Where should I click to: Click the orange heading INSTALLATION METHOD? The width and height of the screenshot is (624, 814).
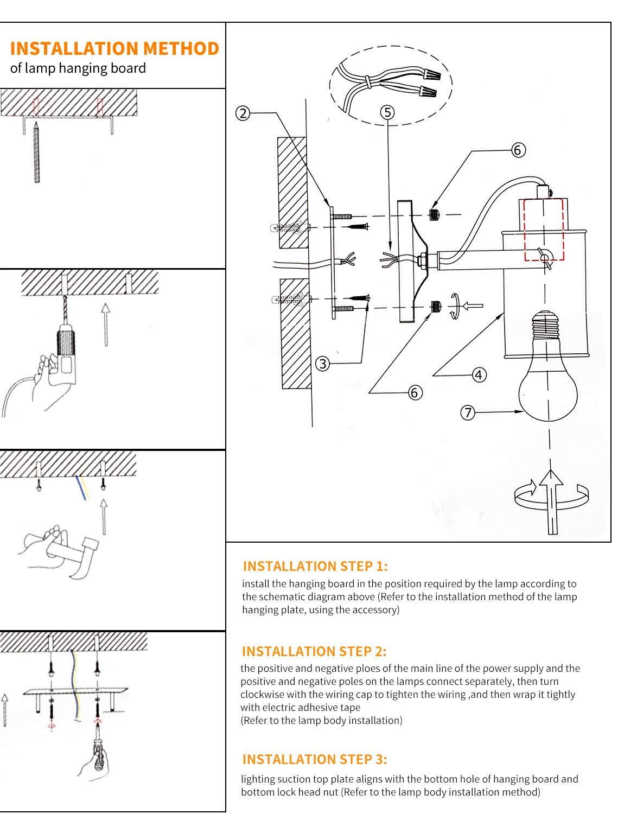tap(114, 48)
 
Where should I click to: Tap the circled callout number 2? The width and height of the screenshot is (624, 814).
tap(243, 113)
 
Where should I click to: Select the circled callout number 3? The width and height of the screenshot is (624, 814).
tap(323, 364)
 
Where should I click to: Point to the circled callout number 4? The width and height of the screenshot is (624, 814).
tap(479, 375)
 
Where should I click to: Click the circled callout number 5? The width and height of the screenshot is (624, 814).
tap(387, 112)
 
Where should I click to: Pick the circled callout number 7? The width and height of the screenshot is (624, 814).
tap(468, 412)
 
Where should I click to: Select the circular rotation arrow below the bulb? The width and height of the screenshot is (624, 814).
tap(551, 495)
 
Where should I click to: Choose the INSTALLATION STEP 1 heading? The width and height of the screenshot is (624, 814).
tap(315, 566)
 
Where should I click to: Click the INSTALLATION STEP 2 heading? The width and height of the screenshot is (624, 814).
tap(314, 651)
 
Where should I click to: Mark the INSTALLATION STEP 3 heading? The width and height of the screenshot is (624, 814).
tap(315, 759)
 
